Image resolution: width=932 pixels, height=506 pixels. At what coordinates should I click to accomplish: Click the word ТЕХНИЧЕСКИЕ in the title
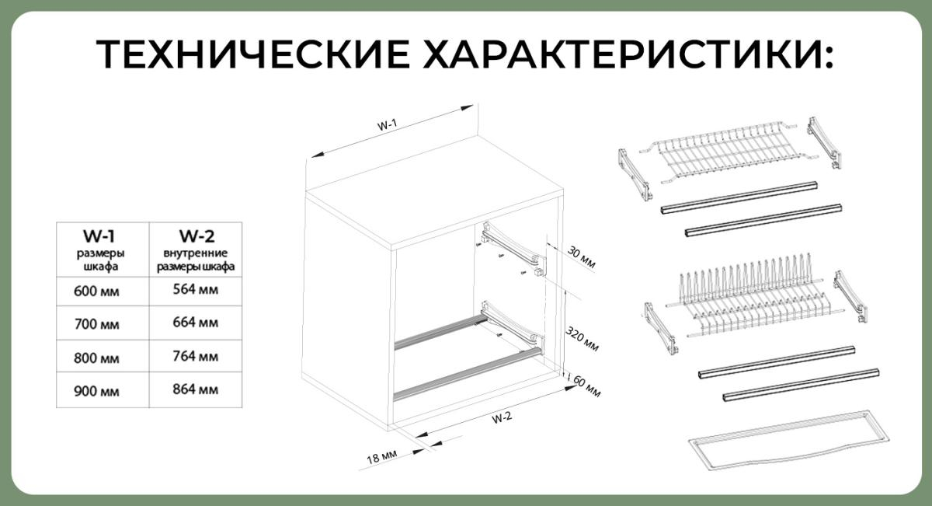click(254, 54)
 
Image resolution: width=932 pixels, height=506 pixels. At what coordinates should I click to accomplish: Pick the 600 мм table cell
click(96, 291)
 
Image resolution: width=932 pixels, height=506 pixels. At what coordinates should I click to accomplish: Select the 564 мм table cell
click(196, 289)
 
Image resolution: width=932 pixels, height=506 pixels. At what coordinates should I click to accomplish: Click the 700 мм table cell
click(96, 324)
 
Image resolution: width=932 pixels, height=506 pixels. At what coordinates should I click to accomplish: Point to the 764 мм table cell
click(196, 357)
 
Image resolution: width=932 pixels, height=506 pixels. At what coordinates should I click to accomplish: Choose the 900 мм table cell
click(96, 391)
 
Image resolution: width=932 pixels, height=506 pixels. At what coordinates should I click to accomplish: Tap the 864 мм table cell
click(196, 389)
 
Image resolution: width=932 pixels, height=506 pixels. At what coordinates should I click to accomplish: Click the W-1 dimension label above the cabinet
click(388, 124)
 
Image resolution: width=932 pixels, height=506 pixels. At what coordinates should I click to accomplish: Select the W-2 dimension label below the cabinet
click(502, 417)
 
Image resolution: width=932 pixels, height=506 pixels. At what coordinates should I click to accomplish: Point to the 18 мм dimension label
click(382, 456)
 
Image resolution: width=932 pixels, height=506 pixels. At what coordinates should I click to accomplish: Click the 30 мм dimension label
click(581, 257)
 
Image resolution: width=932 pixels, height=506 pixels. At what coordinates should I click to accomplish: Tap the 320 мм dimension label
click(582, 339)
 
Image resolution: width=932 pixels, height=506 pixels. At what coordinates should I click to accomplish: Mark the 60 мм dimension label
click(586, 386)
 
